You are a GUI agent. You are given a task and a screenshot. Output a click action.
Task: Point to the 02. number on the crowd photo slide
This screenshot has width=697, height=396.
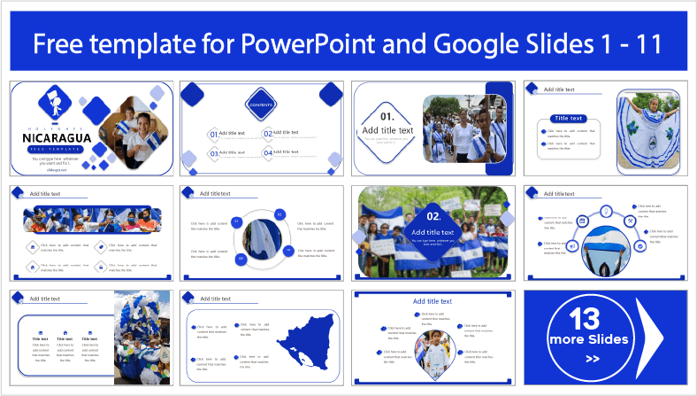click(x=433, y=215)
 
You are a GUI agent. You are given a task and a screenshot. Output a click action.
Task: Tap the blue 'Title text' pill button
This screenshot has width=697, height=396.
click(x=568, y=118)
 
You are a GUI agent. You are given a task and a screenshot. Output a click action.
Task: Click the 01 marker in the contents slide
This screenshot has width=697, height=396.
click(x=213, y=135)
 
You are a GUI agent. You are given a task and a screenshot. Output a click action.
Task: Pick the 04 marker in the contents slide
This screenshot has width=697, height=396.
click(x=267, y=153)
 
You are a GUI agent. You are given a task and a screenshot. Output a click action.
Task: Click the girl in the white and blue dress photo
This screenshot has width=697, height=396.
click(x=647, y=128)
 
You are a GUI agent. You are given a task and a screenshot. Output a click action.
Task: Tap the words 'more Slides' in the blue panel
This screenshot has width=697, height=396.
click(x=588, y=339)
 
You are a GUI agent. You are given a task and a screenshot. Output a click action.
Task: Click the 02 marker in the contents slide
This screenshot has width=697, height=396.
click(x=267, y=135)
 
